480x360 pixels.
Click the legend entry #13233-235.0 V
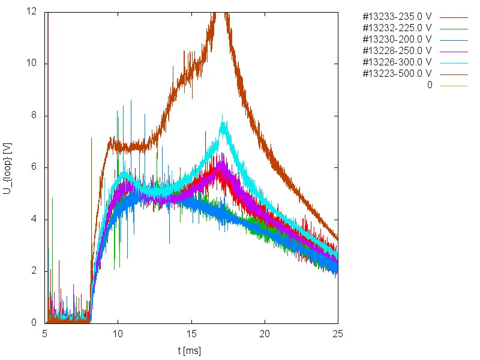(397, 16)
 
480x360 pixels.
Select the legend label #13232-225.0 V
(397, 28)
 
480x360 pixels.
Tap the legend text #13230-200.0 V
(397, 39)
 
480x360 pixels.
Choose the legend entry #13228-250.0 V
(397, 50)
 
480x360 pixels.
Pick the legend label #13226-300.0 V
(397, 62)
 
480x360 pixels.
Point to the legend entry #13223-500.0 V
(397, 73)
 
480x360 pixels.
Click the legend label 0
(430, 85)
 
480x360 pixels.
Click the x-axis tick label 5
(45, 333)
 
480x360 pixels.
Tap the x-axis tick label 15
(191, 333)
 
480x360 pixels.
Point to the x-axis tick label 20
(265, 333)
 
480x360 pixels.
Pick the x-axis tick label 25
(338, 333)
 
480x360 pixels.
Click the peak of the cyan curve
(223, 115)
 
